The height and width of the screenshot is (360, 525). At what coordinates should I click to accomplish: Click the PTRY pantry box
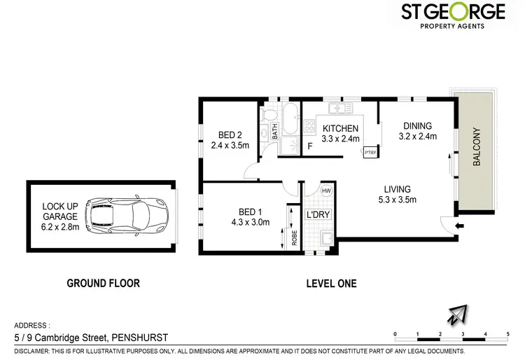point(370,151)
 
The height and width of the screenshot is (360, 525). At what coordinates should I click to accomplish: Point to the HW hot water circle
point(325,191)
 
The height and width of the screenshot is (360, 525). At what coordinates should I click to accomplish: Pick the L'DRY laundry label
point(318,214)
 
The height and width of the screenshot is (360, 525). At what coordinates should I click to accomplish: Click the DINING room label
point(417,131)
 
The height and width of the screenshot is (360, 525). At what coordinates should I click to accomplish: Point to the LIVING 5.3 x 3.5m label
point(396,194)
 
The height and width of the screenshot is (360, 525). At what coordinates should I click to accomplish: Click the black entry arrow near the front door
point(458,226)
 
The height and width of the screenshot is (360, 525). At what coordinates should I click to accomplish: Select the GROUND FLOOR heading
point(103,284)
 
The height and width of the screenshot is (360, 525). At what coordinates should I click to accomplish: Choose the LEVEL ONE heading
point(332,284)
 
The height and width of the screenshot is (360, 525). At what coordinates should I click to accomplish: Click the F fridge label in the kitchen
point(310,146)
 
